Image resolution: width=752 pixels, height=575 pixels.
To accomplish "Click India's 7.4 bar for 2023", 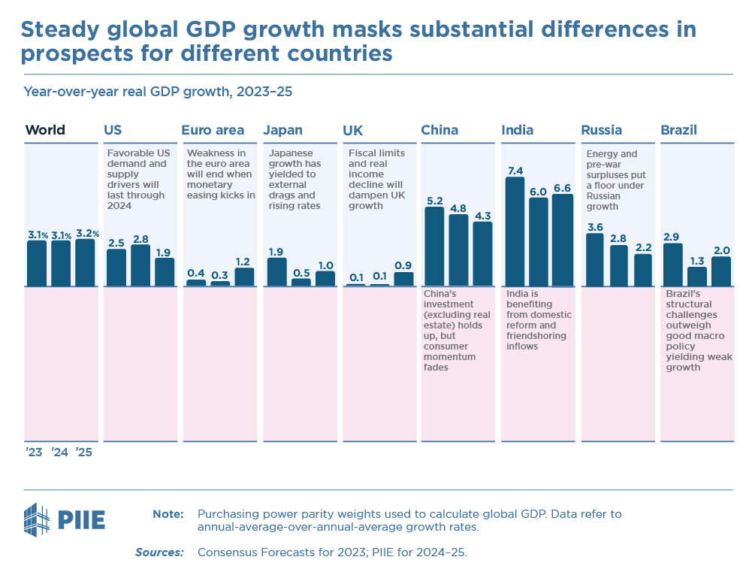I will (x=515, y=232).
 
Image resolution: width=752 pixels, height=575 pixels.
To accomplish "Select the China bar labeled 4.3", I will (x=482, y=254).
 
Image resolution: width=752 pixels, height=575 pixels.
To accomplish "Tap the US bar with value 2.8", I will (x=140, y=265).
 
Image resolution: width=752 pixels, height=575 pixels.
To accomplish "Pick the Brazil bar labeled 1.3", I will (x=697, y=277).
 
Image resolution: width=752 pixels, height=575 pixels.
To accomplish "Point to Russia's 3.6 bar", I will (x=594, y=260).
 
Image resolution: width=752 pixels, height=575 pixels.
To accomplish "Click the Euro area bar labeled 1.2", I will (x=244, y=277).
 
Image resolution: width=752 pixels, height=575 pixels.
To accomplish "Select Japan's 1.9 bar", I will (x=277, y=272).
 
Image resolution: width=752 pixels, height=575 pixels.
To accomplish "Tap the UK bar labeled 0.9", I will (x=403, y=279).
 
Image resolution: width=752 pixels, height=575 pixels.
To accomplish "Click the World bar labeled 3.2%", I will (x=85, y=263).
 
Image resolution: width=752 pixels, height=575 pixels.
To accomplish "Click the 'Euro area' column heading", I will (x=213, y=130).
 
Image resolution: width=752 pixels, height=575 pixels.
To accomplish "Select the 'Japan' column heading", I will (x=282, y=130).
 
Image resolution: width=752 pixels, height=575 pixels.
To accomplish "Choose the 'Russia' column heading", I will (x=601, y=130).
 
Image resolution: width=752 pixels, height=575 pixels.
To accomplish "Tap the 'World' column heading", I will (x=45, y=130).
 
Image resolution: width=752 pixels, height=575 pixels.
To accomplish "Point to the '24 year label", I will (x=59, y=452).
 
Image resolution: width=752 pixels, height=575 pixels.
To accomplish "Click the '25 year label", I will (x=83, y=452).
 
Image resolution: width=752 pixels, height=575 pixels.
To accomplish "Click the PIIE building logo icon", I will (x=38, y=519).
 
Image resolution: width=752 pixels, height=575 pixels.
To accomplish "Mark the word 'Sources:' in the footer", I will (x=159, y=552).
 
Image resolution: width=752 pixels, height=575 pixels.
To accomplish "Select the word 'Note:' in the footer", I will (x=168, y=514).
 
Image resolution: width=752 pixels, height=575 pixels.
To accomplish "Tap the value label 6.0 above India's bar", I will (x=538, y=192).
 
